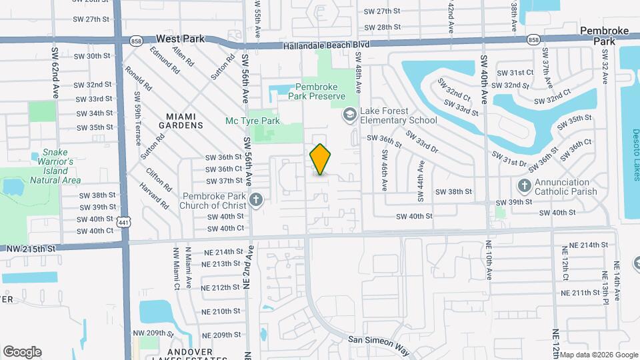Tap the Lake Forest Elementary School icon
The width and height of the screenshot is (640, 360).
[349, 115]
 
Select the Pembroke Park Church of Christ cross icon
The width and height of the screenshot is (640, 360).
[255, 199]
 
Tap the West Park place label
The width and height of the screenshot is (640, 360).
[180, 39]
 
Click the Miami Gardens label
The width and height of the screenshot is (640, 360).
[180, 120]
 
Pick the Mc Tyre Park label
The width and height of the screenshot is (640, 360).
[252, 121]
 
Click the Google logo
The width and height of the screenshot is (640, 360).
[22, 352]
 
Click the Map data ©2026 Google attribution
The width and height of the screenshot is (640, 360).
[599, 355]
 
